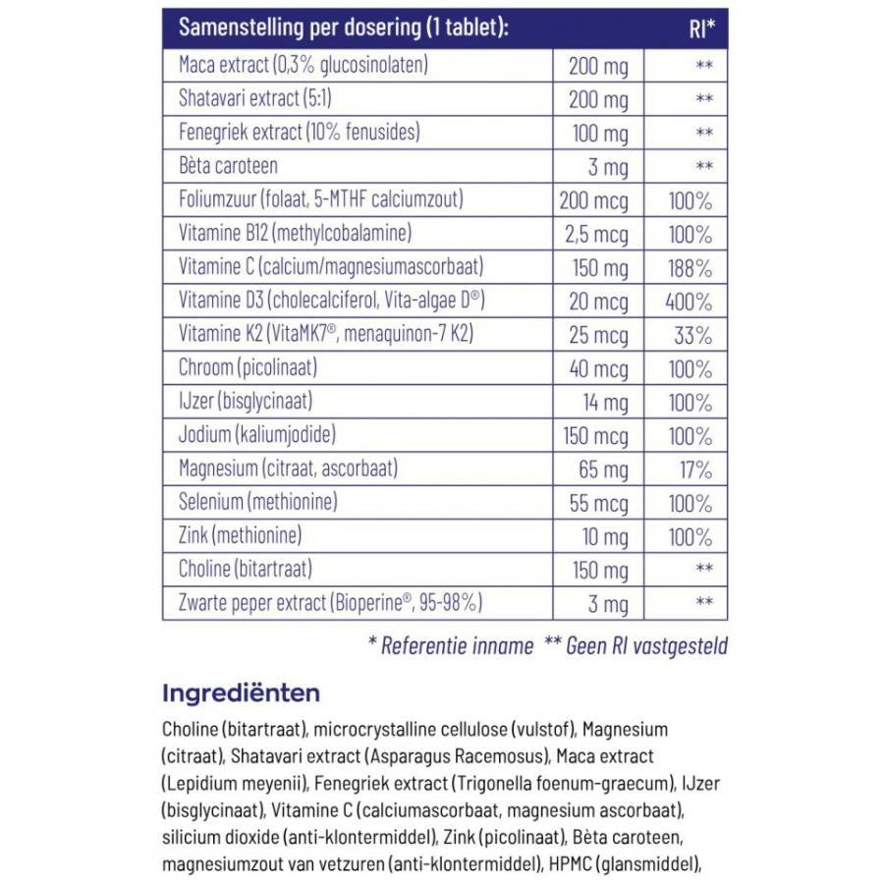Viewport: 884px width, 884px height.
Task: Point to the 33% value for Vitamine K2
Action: coord(692,336)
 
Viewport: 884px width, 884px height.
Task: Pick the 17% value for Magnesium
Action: coord(694,470)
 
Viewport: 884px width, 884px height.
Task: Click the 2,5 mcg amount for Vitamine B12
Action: coord(598,235)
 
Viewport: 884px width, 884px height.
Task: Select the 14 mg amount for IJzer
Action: coord(606,403)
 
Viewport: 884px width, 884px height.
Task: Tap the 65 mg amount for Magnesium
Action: coord(601,470)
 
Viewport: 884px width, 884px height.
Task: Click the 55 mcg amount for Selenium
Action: coord(598,504)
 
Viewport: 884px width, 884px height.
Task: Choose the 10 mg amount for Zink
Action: coord(604,537)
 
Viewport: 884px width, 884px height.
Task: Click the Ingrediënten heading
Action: coord(241,693)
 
